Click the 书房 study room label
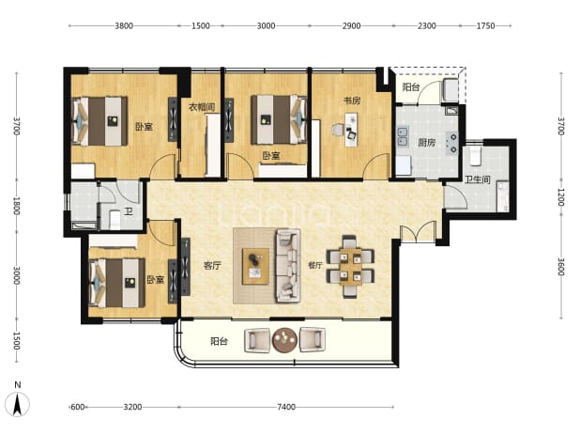[352, 101]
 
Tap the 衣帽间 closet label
[202, 107]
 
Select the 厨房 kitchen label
[426, 143]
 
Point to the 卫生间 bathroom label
[477, 180]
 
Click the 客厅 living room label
[212, 266]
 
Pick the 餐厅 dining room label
[315, 265]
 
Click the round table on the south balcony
[284, 339]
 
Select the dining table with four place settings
[351, 266]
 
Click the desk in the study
[352, 130]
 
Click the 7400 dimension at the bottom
[286, 407]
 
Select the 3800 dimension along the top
[124, 26]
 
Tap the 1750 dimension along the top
[485, 26]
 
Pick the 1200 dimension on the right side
[561, 197]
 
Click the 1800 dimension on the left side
[16, 206]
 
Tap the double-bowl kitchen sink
[403, 136]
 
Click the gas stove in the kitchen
[452, 143]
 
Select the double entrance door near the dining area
[419, 232]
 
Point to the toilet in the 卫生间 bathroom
[475, 156]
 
